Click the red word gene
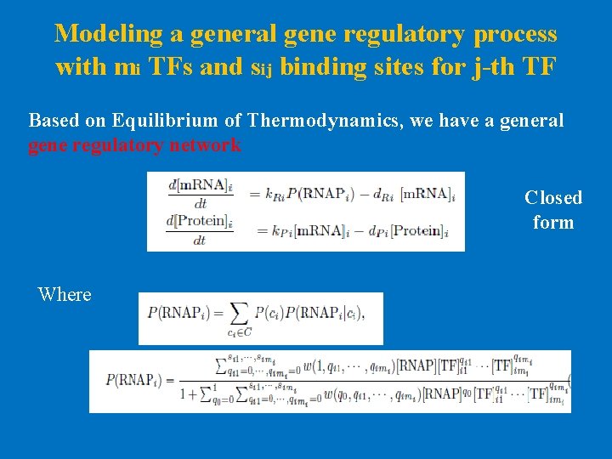click(48, 145)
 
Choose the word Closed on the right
click(553, 198)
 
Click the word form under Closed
click(553, 223)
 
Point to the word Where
click(65, 295)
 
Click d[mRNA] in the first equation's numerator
click(199, 185)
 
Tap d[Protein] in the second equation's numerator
click(200, 222)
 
